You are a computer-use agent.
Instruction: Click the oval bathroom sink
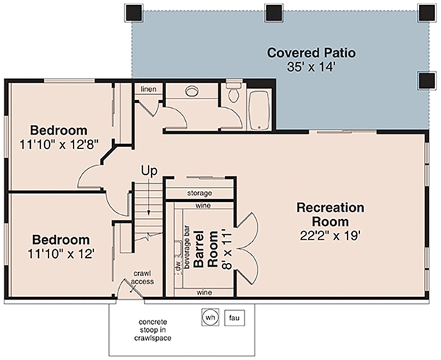193,91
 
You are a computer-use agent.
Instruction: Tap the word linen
147,90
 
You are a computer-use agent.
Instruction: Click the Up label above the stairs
150,171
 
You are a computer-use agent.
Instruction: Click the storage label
199,193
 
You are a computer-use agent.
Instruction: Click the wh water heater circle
209,317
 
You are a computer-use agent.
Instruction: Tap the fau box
232,317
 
